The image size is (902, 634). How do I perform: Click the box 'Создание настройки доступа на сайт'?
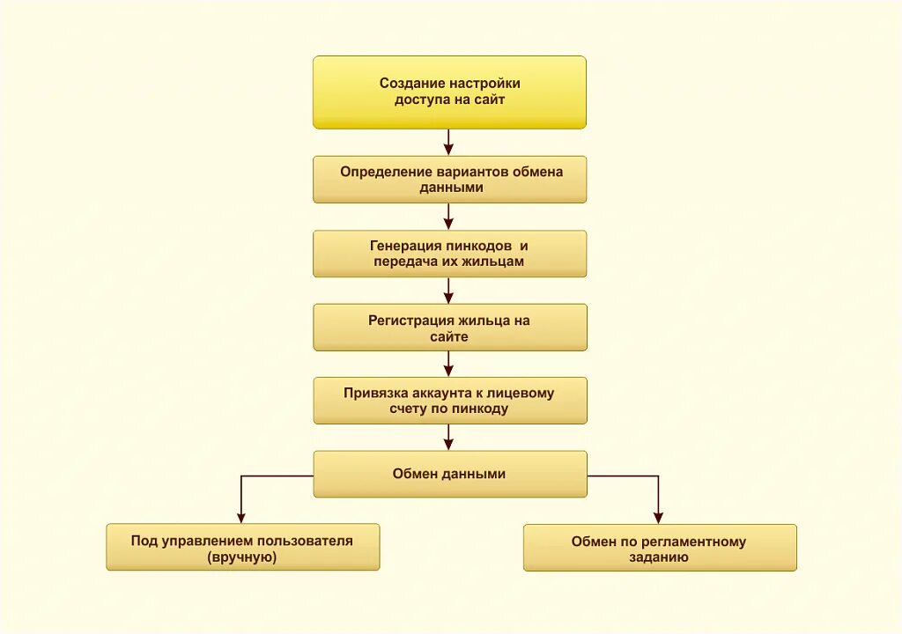[449, 92]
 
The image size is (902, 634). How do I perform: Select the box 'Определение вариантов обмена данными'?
[449, 180]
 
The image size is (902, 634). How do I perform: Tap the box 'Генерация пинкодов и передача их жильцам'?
[449, 254]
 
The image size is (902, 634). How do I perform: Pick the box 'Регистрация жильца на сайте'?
[449, 328]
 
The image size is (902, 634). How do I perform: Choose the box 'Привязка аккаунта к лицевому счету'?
[449, 401]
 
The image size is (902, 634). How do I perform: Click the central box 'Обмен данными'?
[449, 474]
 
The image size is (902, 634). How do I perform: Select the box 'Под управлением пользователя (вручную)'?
[242, 548]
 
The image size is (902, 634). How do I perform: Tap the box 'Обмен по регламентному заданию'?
[659, 548]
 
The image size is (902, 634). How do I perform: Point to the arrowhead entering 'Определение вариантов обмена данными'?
[448, 150]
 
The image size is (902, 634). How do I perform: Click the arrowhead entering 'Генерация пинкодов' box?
[448, 224]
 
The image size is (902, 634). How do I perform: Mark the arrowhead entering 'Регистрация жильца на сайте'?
[448, 298]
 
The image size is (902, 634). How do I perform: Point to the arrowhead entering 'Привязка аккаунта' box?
[448, 371]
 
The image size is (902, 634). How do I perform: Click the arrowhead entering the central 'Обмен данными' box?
[448, 444]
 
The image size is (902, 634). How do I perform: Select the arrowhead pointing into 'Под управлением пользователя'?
[241, 518]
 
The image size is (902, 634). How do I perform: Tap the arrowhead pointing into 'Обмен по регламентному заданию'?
[658, 518]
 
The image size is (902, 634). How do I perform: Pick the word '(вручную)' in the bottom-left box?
[242, 557]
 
